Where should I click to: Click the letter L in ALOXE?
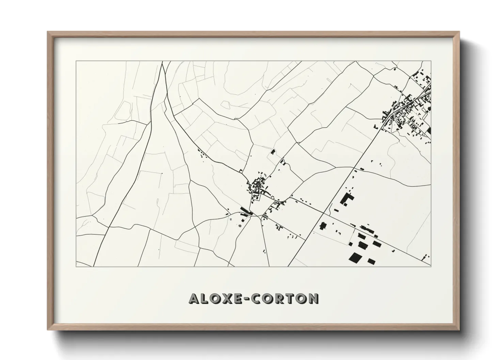pyautogui.click(x=205, y=298)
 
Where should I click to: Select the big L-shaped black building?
pyautogui.click(x=347, y=199)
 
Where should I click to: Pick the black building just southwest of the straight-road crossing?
pyautogui.click(x=322, y=225)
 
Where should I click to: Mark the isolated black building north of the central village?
pyautogui.click(x=272, y=151)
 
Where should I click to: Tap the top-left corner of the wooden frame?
pyautogui.click(x=48, y=32)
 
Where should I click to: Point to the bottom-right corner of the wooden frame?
pyautogui.click(x=459, y=330)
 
